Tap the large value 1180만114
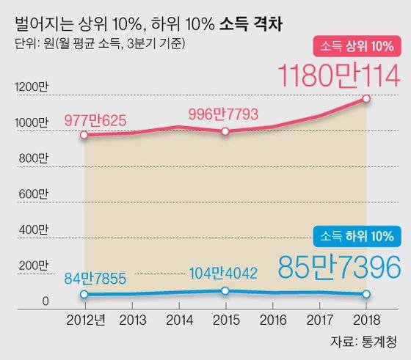(x=339, y=77)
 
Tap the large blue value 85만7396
(x=339, y=268)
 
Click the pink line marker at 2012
(x=84, y=135)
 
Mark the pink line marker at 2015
(x=225, y=131)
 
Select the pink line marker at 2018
(x=367, y=98)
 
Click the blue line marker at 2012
(x=84, y=294)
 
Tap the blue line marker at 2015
(x=225, y=291)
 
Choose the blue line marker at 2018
(x=367, y=294)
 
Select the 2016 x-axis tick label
(x=272, y=320)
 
